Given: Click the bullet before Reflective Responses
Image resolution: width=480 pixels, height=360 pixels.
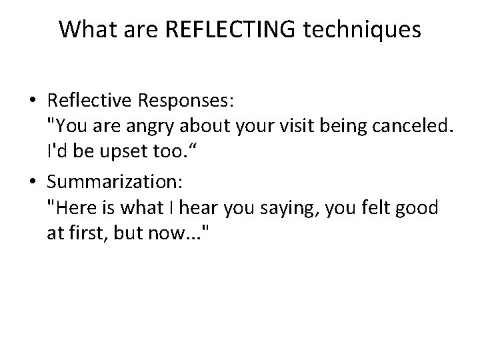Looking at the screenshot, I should tap(33, 101).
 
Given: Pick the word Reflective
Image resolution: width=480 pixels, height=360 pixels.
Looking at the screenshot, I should tap(91, 101).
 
